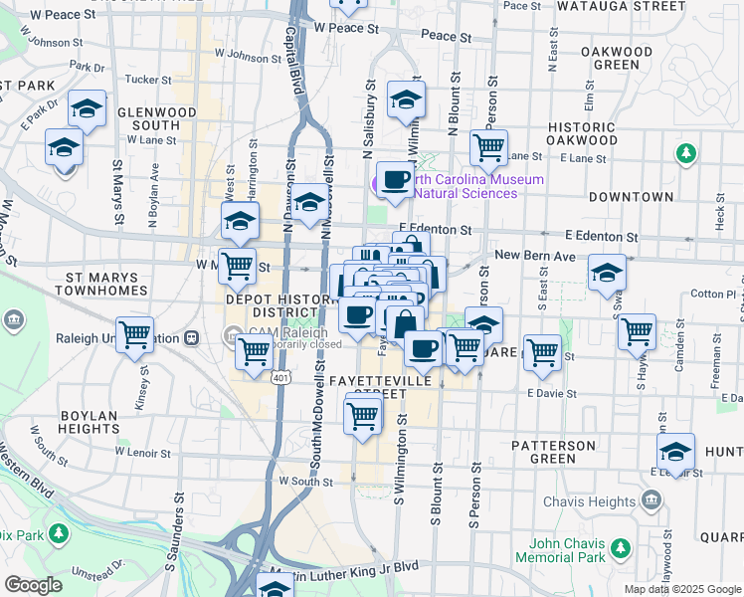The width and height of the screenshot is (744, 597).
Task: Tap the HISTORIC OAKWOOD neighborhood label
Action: coord(596,134)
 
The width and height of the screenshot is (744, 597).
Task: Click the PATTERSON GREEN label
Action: coord(553,452)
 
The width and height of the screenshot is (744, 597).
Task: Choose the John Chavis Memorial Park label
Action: coord(568,550)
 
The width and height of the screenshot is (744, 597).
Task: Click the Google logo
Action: coord(33,585)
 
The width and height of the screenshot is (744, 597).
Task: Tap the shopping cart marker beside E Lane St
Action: coord(488,147)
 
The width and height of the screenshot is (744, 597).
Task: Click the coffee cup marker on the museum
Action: coord(395,179)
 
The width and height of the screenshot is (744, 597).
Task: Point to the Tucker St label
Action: coord(149,79)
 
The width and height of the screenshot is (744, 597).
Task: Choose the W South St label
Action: coord(304,481)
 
